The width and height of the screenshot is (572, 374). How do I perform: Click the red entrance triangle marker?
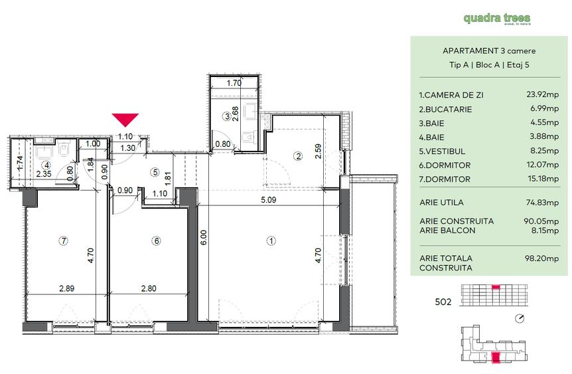125,120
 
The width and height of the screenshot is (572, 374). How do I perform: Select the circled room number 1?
271,240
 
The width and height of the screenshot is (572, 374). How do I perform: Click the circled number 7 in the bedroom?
64,240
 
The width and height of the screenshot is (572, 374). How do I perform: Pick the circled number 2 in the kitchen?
299,157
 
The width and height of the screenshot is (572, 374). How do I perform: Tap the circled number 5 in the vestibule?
155,172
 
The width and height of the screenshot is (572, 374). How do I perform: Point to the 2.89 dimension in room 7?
66,288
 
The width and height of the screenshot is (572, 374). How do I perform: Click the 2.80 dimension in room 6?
147,288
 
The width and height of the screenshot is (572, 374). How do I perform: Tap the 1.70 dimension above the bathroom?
234,84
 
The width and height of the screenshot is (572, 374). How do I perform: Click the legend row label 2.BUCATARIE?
446,109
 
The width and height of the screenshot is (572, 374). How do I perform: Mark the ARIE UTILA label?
441,203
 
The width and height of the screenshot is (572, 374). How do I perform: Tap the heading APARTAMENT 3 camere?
488,50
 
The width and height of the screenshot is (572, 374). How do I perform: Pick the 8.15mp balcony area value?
543,231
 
